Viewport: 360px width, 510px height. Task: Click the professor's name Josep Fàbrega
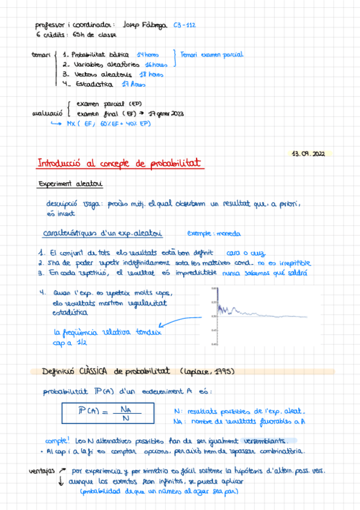[145, 25]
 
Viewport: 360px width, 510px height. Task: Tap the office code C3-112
[184, 25]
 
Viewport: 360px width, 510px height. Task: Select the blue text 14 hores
[148, 54]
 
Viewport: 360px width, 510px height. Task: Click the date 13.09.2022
[308, 154]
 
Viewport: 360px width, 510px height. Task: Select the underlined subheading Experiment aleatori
[70, 184]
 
